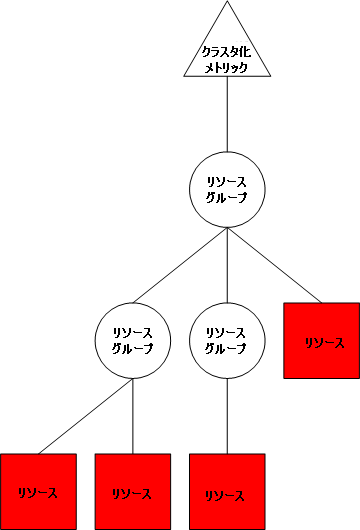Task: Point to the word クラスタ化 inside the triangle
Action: coord(228,52)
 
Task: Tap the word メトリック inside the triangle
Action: coord(228,68)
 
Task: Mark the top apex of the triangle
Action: coord(228,3)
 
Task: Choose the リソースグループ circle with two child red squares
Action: coord(133,340)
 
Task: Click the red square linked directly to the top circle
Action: coord(322,341)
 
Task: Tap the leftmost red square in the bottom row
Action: coord(38,491)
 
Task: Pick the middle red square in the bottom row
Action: coord(133,491)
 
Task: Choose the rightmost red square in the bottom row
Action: coord(228,491)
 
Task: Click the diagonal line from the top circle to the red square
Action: coord(274,265)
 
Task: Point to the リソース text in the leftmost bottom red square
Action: coord(38,493)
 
